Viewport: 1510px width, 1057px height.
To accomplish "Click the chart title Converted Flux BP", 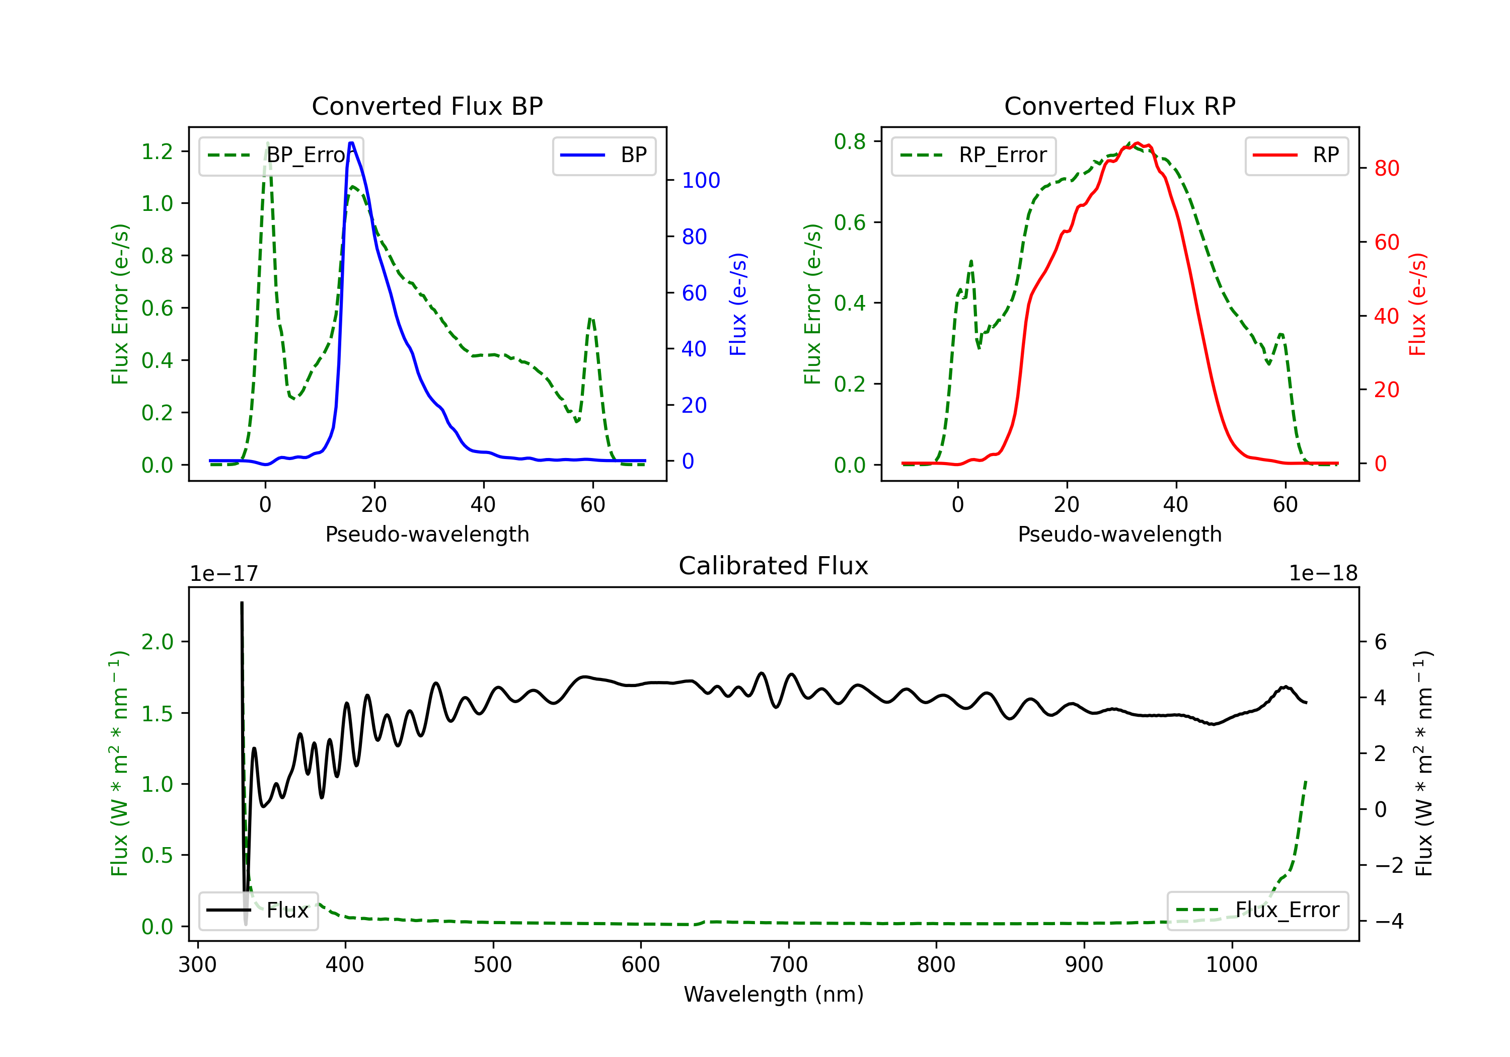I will [427, 106].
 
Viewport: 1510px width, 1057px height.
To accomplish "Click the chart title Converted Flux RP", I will [1119, 106].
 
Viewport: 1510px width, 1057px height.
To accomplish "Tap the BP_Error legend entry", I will [281, 155].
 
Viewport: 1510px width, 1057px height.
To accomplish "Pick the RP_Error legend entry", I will [973, 155].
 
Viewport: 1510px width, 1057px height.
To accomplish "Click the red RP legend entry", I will [1296, 155].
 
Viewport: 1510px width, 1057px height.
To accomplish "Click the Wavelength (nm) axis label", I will [774, 994].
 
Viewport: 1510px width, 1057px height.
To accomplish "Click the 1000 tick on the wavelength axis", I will [1231, 965].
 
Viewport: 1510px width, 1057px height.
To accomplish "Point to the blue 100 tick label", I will [701, 180].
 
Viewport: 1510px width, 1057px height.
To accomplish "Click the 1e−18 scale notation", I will [1323, 574].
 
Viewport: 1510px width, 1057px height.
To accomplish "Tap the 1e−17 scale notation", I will [224, 574].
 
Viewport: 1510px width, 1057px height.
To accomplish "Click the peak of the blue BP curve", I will [351, 143].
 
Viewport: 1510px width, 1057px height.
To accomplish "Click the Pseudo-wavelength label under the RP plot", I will [1119, 534].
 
